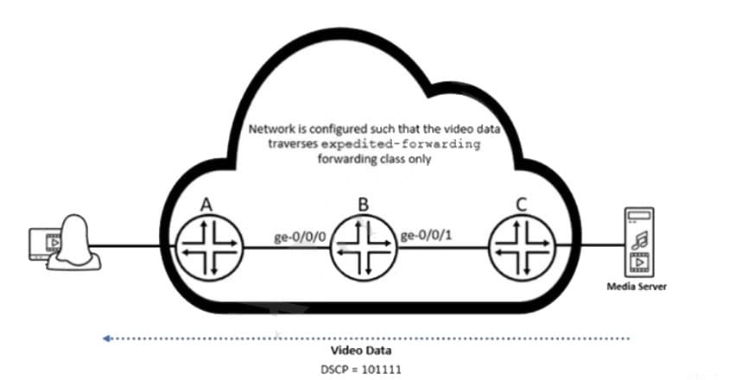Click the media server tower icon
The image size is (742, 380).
tap(640, 242)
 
